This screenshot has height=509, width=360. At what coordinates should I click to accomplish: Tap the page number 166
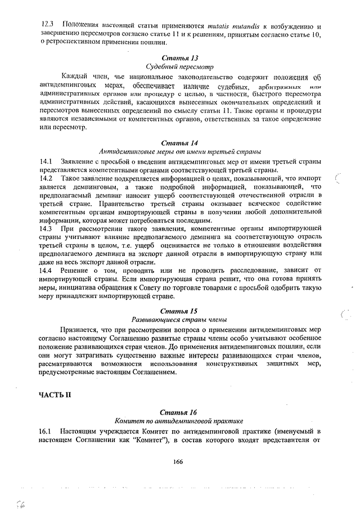click(179, 461)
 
